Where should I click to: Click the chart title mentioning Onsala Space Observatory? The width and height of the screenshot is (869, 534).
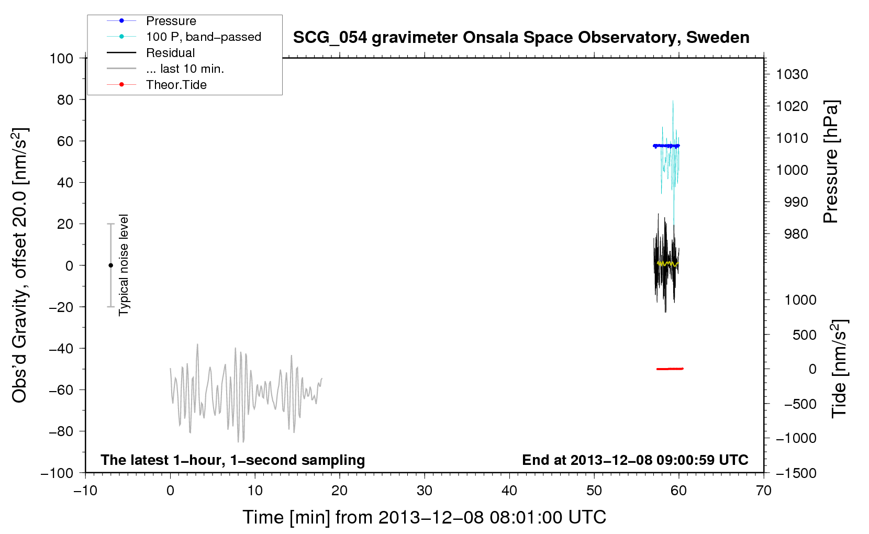pyautogui.click(x=521, y=38)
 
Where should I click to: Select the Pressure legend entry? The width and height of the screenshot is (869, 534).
pyautogui.click(x=151, y=20)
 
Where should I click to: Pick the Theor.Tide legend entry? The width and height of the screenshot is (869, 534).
pyautogui.click(x=157, y=85)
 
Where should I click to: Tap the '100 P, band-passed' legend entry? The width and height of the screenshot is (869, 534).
pyautogui.click(x=184, y=37)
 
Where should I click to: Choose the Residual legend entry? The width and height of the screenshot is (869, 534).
pyautogui.click(x=151, y=53)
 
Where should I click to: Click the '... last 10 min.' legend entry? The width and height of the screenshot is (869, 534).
pyautogui.click(x=165, y=69)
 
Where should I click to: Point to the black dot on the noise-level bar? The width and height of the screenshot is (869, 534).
pyautogui.click(x=110, y=265)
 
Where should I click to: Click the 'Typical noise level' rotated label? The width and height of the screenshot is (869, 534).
pyautogui.click(x=124, y=265)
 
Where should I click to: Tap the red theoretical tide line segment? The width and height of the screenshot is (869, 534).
pyautogui.click(x=670, y=369)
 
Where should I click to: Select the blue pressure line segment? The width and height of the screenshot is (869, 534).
pyautogui.click(x=666, y=146)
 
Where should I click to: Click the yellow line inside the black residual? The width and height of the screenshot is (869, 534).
pyautogui.click(x=667, y=264)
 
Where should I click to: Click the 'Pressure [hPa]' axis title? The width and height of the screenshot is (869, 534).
pyautogui.click(x=831, y=162)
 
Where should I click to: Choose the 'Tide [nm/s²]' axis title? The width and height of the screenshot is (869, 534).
pyautogui.click(x=839, y=369)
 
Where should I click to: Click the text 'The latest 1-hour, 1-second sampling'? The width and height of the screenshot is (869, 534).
pyautogui.click(x=233, y=460)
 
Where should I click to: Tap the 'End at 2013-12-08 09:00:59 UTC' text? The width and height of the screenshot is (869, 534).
pyautogui.click(x=635, y=460)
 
